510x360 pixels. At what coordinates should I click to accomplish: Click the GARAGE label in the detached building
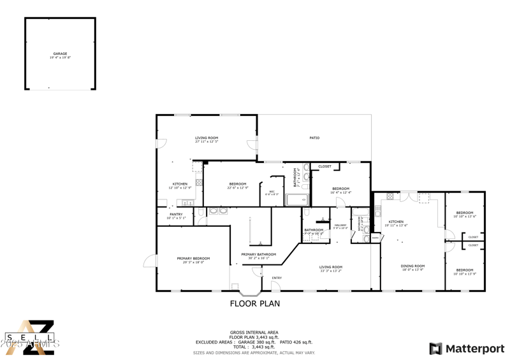tap(60, 54)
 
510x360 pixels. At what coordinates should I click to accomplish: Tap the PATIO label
tap(314, 138)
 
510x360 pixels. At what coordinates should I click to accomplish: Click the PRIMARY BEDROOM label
tap(193, 258)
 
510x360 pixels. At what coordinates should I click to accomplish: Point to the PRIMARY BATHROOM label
tap(258, 254)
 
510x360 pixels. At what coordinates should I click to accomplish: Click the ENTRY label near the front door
tap(277, 278)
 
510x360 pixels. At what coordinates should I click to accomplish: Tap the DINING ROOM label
tap(412, 266)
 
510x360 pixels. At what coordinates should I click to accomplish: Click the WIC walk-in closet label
tap(271, 192)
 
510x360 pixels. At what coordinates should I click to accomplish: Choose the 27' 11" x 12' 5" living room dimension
tap(207, 141)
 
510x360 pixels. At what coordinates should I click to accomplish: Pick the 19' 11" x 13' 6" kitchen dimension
tap(396, 225)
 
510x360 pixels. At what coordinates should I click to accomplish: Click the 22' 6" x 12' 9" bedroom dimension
tap(237, 188)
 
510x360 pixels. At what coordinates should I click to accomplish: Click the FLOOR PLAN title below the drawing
tap(254, 304)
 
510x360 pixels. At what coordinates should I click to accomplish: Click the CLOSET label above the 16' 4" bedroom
tap(324, 166)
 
